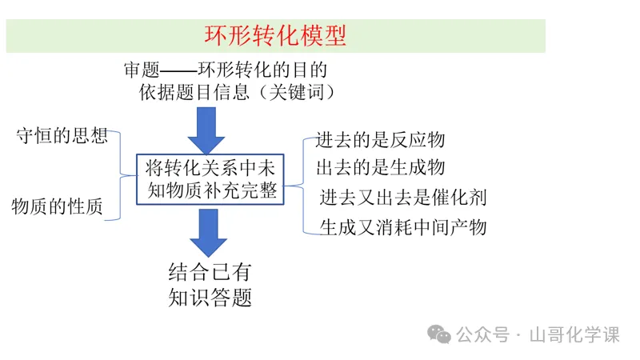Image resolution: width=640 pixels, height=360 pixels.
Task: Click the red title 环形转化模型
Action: coord(276,36)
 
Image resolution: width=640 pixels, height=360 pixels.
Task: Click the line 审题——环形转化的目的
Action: coord(226,70)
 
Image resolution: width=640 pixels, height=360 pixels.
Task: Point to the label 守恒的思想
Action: coord(62,135)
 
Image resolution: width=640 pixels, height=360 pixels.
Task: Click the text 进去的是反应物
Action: coord(380,140)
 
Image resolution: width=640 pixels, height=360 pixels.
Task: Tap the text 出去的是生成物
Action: coord(380,168)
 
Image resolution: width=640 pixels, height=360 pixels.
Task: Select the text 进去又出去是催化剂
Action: coord(403,197)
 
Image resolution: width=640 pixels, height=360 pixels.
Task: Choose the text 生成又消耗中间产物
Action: coord(403,227)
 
